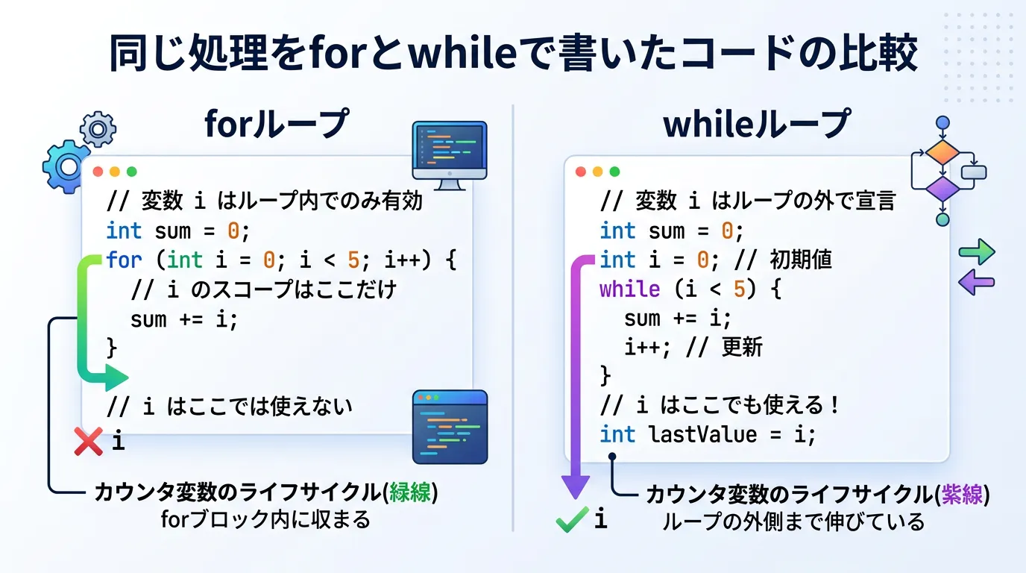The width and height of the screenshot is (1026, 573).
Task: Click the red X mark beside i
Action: coord(89,442)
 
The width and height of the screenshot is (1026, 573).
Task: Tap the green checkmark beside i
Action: coord(572,519)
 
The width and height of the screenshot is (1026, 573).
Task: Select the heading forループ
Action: coord(277,123)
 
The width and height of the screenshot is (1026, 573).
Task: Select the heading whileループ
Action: coord(757,123)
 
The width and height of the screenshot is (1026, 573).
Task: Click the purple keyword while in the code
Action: coord(629,289)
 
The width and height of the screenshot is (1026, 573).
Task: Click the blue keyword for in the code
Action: coord(124,260)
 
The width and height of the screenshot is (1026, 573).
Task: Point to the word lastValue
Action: coord(703,434)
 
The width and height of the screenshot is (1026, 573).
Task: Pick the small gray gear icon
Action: coord(98,129)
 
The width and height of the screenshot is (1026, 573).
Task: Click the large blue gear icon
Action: coord(66,166)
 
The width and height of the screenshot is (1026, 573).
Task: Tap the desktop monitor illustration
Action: coord(450,155)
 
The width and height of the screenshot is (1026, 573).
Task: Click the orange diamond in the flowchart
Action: coord(942,153)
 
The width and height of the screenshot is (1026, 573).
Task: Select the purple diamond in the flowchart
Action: coord(942,189)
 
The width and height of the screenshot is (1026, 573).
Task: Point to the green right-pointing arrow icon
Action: coord(977,251)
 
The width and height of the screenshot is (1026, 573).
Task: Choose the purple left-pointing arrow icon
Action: coord(976,282)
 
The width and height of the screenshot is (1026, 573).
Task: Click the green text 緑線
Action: coord(410,492)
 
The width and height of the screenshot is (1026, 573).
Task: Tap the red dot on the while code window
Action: coord(581,172)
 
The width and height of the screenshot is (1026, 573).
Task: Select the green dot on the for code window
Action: coord(132,172)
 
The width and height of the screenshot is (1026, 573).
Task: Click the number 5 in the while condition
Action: coord(739,289)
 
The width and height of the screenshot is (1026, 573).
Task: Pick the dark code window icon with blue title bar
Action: coord(450,427)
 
